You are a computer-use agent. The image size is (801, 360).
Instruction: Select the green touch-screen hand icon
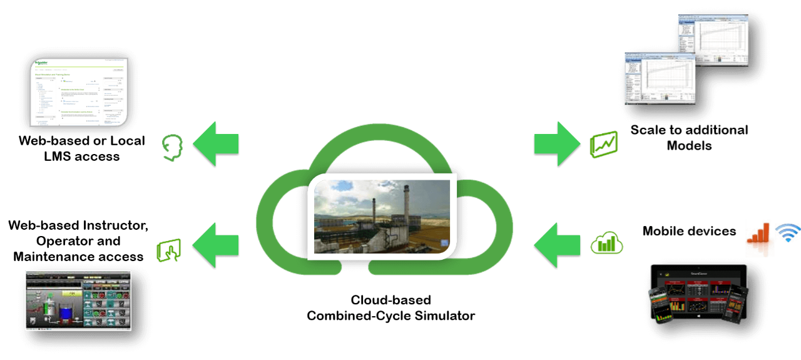pos(169,249)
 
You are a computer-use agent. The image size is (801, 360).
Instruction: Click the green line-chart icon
pos(604,144)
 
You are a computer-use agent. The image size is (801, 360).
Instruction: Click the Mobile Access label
pos(688,232)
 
